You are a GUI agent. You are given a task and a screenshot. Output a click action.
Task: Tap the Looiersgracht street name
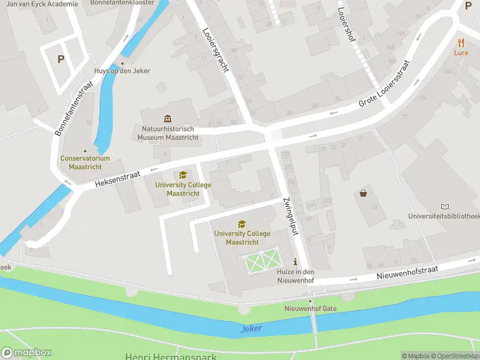click(216, 50)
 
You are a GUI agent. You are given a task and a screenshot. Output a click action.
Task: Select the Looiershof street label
click(347, 24)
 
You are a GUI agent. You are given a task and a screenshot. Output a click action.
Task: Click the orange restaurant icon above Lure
click(461, 43)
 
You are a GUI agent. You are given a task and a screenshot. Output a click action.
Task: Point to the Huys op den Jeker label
click(122, 71)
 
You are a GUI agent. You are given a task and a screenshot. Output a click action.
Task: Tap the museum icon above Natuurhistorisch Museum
click(167, 118)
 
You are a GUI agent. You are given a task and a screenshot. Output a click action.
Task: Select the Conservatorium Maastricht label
click(85, 162)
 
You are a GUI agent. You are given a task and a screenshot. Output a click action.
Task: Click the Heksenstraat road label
click(117, 178)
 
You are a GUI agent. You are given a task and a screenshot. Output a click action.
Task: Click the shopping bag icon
click(363, 193)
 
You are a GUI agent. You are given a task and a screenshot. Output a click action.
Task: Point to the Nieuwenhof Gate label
click(310, 308)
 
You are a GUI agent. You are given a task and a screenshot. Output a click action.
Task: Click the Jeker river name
click(252, 329)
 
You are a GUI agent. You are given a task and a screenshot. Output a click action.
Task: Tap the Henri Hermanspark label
click(171, 356)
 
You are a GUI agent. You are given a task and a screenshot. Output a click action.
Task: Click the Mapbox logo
click(26, 353)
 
